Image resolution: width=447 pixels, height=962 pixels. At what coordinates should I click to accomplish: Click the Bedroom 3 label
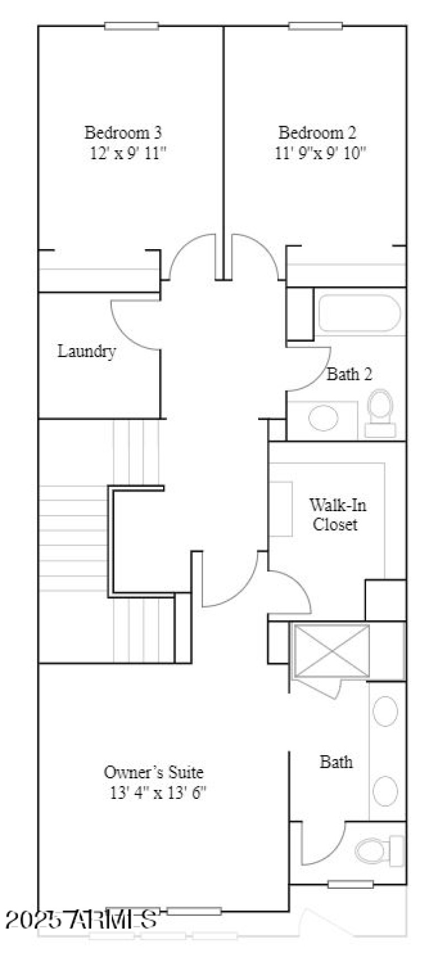coord(123,133)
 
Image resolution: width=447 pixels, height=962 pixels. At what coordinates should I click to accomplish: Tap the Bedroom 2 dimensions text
coord(320,153)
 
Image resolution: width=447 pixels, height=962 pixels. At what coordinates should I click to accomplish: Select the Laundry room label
coord(87,351)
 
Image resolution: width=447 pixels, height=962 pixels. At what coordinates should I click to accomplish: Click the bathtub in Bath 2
coord(359,315)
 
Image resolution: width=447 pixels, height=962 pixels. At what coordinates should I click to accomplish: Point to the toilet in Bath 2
coord(381,412)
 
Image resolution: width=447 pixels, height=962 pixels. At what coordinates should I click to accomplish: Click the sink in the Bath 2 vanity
coord(324,418)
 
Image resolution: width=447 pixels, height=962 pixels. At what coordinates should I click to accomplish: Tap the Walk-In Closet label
coord(337,515)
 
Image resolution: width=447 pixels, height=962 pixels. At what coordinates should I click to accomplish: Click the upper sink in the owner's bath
coord(386,711)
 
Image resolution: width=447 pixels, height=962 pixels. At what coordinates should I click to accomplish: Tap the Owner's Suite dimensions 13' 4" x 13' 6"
coord(158,792)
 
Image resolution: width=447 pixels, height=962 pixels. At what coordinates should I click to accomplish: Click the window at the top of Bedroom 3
coord(131,26)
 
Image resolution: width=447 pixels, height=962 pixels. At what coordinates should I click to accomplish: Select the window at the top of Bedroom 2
coord(315,26)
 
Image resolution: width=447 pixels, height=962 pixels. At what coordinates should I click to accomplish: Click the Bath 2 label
coord(349,374)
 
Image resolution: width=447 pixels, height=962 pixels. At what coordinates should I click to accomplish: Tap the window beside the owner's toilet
coord(350,884)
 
